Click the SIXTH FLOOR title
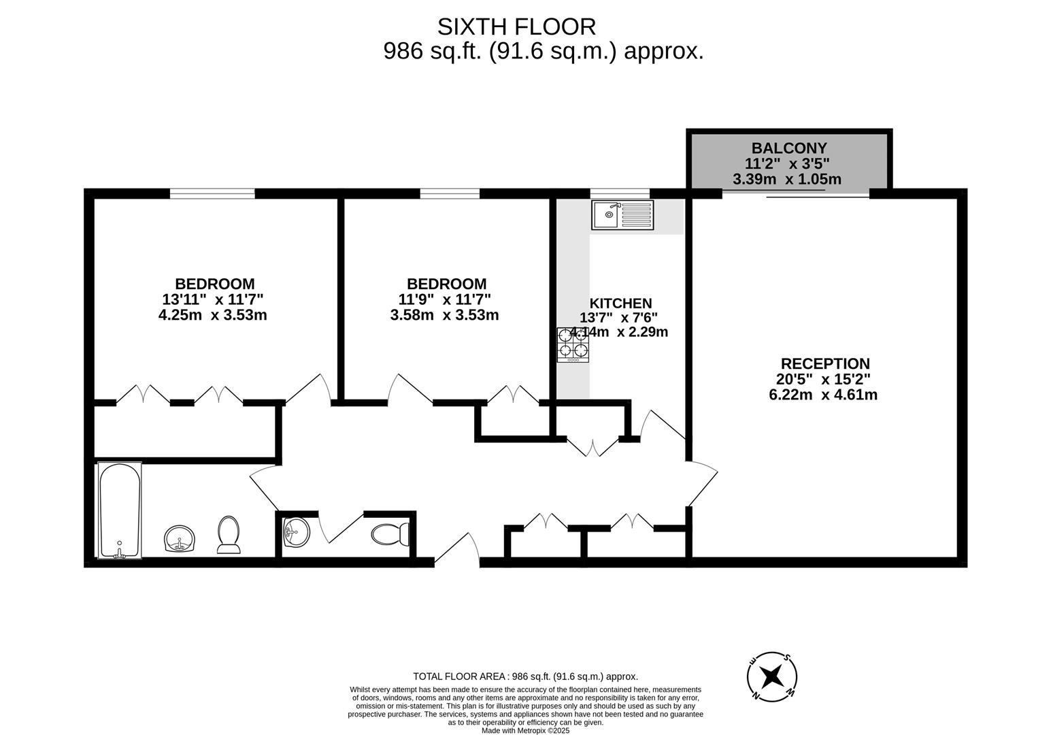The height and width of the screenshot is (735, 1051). click(x=516, y=27)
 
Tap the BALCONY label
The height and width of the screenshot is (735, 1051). click(x=788, y=148)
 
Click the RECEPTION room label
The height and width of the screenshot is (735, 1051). click(x=824, y=363)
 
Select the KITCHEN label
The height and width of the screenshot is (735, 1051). click(x=620, y=304)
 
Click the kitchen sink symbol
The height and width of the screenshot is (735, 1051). click(x=622, y=215)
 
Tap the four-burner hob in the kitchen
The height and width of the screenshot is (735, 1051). click(x=573, y=344)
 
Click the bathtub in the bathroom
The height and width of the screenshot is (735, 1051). click(x=120, y=510)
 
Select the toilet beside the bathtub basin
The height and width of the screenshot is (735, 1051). click(x=229, y=534)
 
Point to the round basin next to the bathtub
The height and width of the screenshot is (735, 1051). click(x=180, y=538)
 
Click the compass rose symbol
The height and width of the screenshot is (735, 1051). click(x=771, y=676)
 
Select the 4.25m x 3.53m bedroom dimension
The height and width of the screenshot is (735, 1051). click(x=212, y=315)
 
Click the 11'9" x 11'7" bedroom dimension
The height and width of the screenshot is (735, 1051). click(x=445, y=299)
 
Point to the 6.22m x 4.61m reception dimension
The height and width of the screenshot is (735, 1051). click(x=822, y=395)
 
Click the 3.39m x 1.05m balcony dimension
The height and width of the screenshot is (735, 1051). click(x=786, y=180)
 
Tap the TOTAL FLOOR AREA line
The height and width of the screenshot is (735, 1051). click(x=525, y=676)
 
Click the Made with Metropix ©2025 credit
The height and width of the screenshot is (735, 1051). click(x=525, y=730)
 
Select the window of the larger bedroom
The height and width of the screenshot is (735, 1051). click(x=212, y=194)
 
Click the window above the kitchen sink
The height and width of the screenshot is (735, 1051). click(x=619, y=193)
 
